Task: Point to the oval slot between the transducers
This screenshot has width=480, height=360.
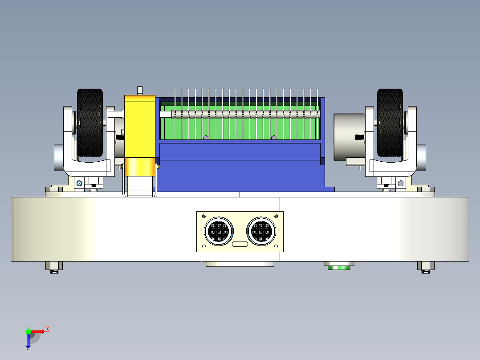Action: pyautogui.click(x=240, y=244)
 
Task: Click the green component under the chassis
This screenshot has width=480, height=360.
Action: pyautogui.click(x=339, y=267)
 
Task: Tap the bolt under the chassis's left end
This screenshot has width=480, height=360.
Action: pyautogui.click(x=54, y=267)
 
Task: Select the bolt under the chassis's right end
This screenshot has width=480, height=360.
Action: pyautogui.click(x=425, y=267)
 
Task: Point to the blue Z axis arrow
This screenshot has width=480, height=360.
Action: pyautogui.click(x=28, y=341)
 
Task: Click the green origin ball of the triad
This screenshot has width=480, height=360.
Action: pyautogui.click(x=28, y=331)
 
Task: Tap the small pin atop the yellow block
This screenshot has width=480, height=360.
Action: pyautogui.click(x=140, y=90)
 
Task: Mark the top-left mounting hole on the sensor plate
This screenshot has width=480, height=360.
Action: pyautogui.click(x=204, y=217)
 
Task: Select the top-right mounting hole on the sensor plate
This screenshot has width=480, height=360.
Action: pyautogui.click(x=276, y=217)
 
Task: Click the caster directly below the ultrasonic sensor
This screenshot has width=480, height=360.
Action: pyautogui.click(x=240, y=264)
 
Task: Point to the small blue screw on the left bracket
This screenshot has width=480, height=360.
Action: pyautogui.click(x=79, y=183)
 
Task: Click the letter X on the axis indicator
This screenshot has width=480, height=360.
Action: pyautogui.click(x=47, y=329)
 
